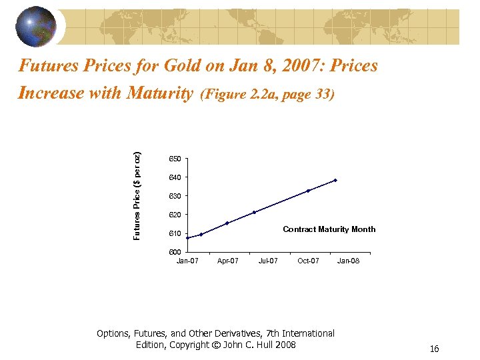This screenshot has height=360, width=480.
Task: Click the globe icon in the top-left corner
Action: point(36,27)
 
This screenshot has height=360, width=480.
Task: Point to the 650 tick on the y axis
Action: point(175,159)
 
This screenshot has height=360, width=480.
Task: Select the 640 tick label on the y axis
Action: point(175,177)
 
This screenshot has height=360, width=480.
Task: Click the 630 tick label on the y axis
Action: point(175,196)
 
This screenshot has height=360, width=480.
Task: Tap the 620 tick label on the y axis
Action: point(175,215)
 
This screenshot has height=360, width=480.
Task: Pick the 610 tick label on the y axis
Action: point(175,233)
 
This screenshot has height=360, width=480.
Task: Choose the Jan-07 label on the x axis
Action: point(187,261)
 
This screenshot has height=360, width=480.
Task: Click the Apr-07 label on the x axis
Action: point(228,261)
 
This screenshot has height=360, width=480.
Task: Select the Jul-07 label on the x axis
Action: point(268,261)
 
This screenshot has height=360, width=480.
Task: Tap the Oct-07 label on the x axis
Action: point(308,261)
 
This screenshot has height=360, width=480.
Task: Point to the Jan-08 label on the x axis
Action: point(348,261)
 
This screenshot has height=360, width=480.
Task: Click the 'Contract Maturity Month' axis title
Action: point(329,229)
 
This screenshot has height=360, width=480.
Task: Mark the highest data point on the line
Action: point(335,180)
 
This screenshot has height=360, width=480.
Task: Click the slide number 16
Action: point(434,349)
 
